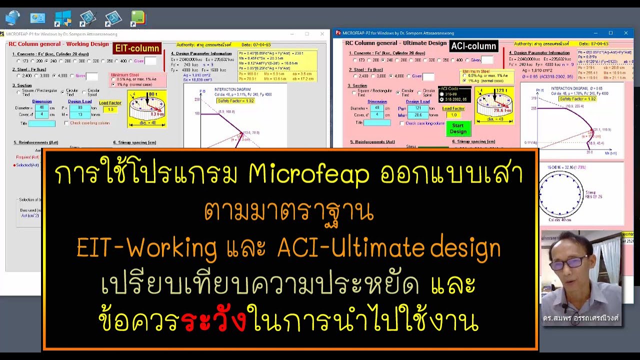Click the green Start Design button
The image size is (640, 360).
click(x=458, y=128)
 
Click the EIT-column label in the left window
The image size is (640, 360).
click(x=137, y=48)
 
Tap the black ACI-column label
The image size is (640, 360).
click(x=473, y=46)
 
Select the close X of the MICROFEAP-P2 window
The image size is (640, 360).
click(x=626, y=33)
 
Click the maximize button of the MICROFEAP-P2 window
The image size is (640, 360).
click(x=610, y=33)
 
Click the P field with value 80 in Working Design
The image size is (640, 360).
click(x=79, y=108)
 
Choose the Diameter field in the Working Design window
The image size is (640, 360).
click(x=41, y=108)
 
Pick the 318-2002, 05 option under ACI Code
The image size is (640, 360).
click(x=441, y=99)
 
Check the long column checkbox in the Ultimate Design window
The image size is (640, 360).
click(x=402, y=123)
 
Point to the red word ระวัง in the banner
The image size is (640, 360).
click(x=214, y=322)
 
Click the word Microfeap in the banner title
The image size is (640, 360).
click(x=308, y=174)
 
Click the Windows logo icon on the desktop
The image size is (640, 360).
click(x=63, y=18)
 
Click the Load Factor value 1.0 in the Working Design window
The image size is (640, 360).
click(x=110, y=109)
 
